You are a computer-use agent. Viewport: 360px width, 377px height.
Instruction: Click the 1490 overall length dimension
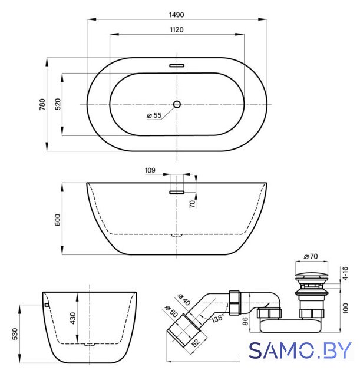coord(177,15)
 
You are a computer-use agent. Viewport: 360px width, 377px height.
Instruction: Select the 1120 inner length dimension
coord(177,30)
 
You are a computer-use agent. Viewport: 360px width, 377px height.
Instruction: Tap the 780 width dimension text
coord(42,104)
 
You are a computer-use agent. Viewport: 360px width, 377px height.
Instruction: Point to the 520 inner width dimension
coord(58,104)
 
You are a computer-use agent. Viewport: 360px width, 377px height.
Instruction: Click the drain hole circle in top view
coord(177,104)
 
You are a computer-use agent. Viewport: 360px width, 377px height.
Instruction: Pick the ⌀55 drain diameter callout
coord(154,115)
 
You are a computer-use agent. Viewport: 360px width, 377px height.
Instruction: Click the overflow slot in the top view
coord(177,65)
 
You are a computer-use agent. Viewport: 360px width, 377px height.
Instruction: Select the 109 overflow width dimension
coord(150,170)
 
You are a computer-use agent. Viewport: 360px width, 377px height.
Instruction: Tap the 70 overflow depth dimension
coord(193,204)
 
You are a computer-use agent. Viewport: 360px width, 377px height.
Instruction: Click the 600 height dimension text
coord(58,220)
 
